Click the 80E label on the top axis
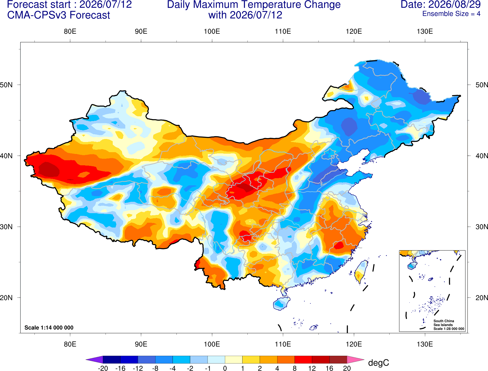tap(70, 31)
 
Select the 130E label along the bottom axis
tap(425, 344)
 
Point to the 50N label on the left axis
tap(6, 85)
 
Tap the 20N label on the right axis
tap(482, 298)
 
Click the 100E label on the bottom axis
tap(212, 344)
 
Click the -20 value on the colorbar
tap(103, 368)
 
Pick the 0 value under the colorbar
tap(225, 368)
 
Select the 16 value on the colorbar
tap(329, 368)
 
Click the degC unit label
tap(378, 363)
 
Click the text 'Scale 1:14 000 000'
tap(49, 327)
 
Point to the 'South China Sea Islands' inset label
tap(444, 323)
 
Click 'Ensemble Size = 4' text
tap(451, 14)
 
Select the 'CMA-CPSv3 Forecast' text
tap(59, 15)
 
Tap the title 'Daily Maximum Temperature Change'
tap(254, 4)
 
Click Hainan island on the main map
tap(281, 303)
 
